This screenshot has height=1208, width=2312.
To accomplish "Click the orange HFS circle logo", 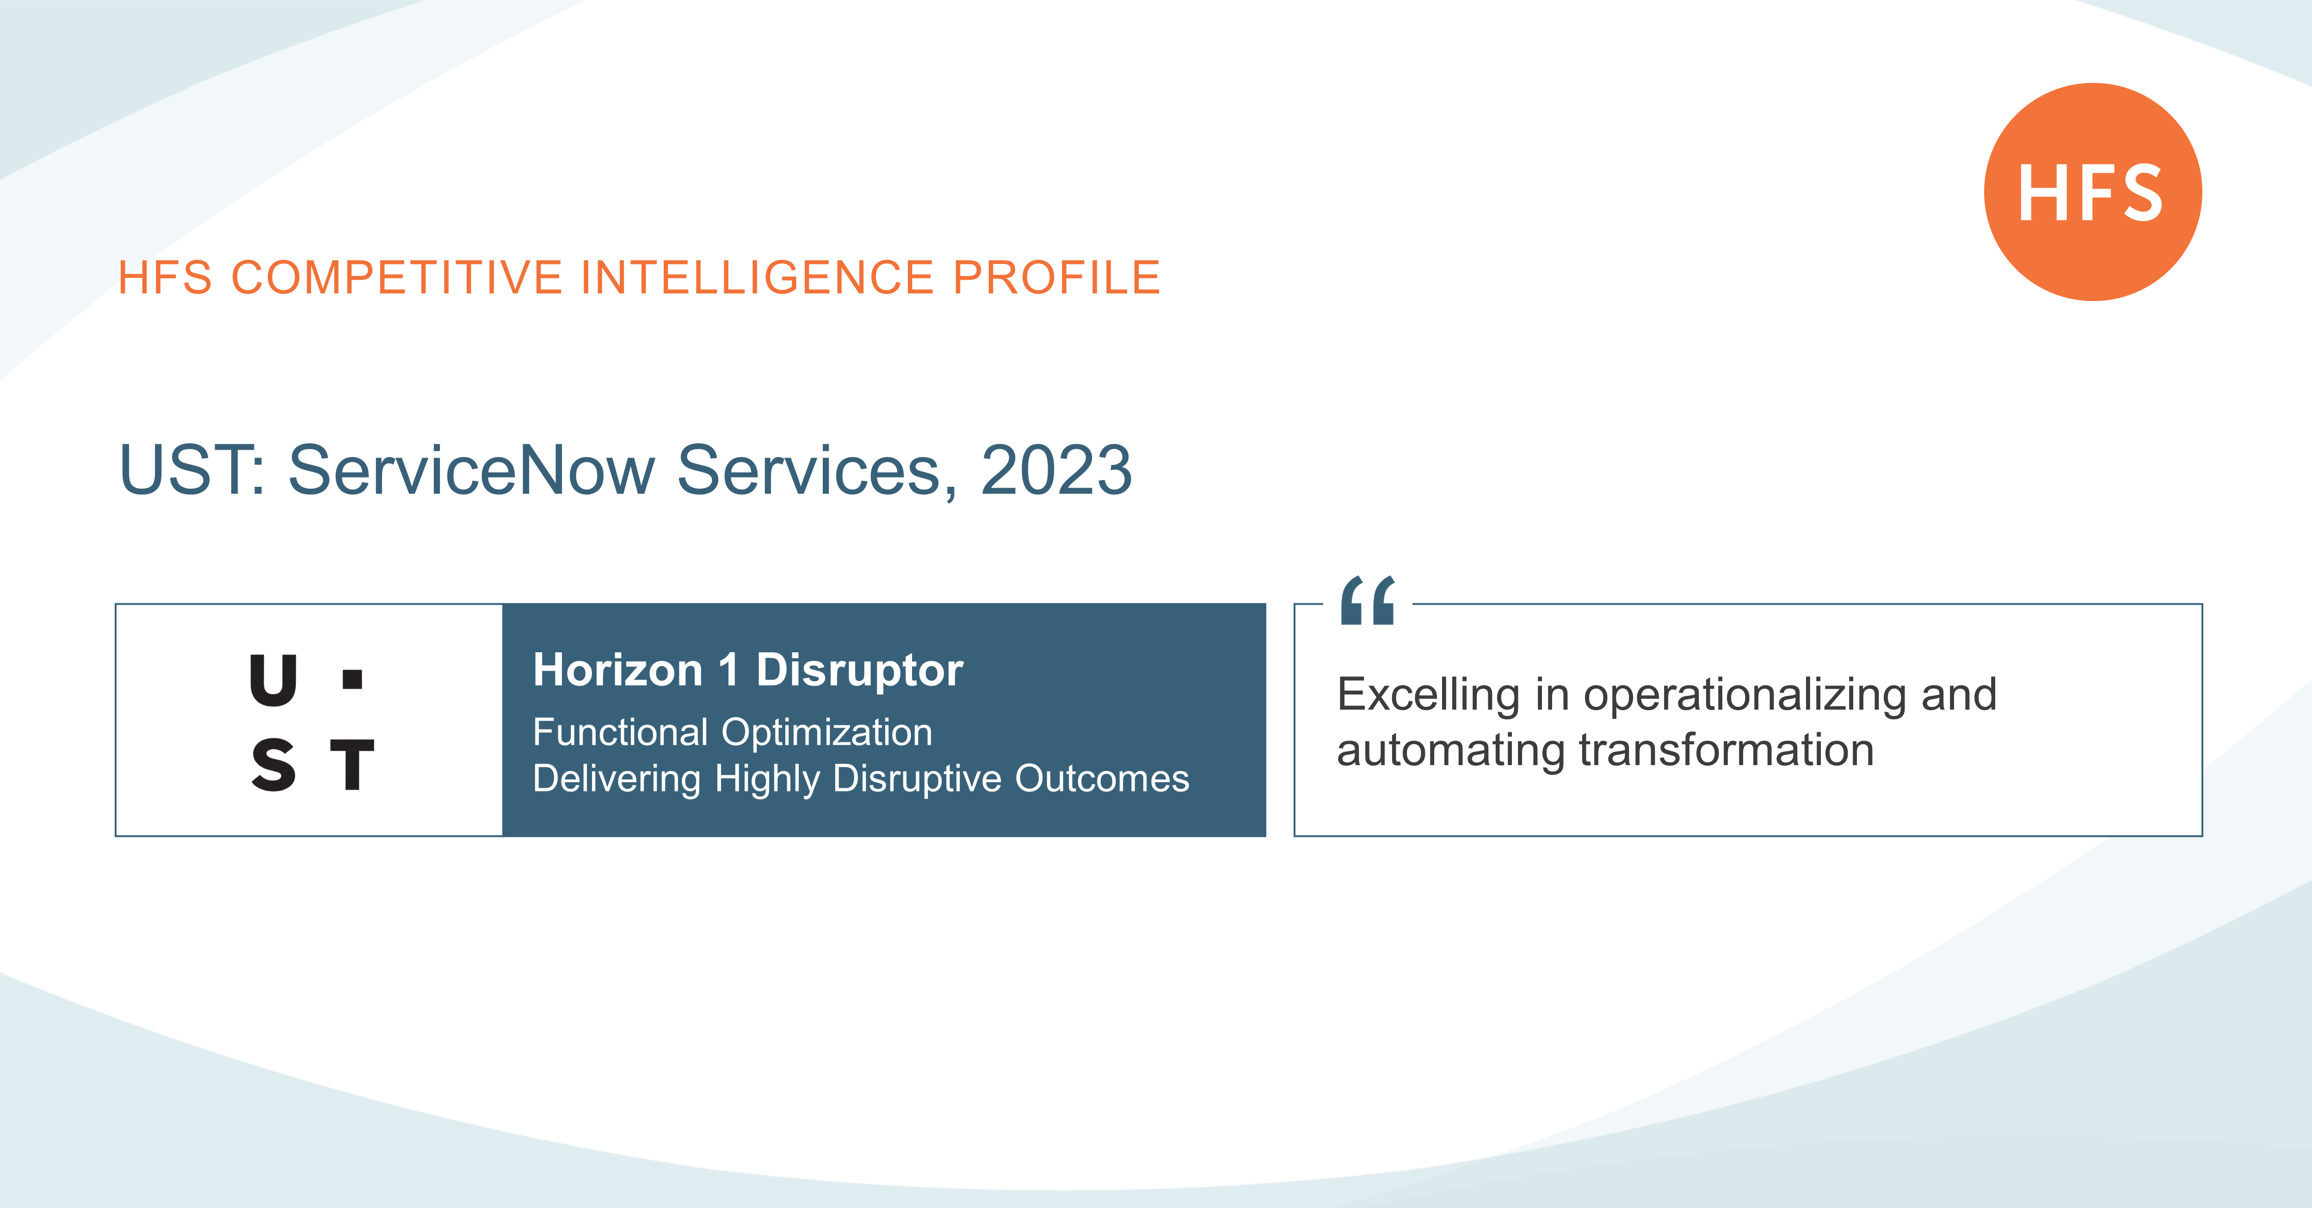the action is [x=2092, y=192].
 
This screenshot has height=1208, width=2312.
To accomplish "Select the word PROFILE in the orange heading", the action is [x=1056, y=277].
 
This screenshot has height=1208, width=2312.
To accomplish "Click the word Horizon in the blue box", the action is [x=617, y=670].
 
